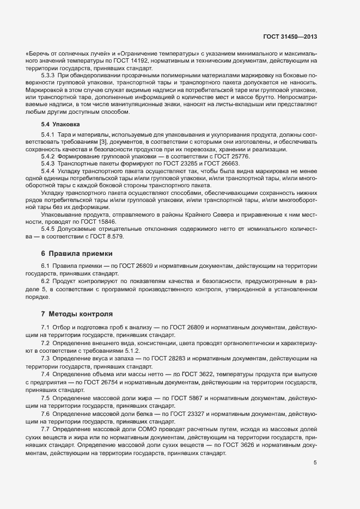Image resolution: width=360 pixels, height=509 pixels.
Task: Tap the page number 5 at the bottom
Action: [x=315, y=463]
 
